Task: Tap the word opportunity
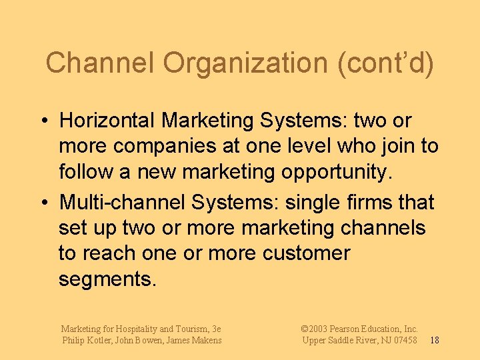pos(333,172)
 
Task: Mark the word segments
pos(107,279)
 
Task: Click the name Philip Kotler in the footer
pos(85,341)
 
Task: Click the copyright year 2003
pos(319,329)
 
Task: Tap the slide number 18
pos(434,341)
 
